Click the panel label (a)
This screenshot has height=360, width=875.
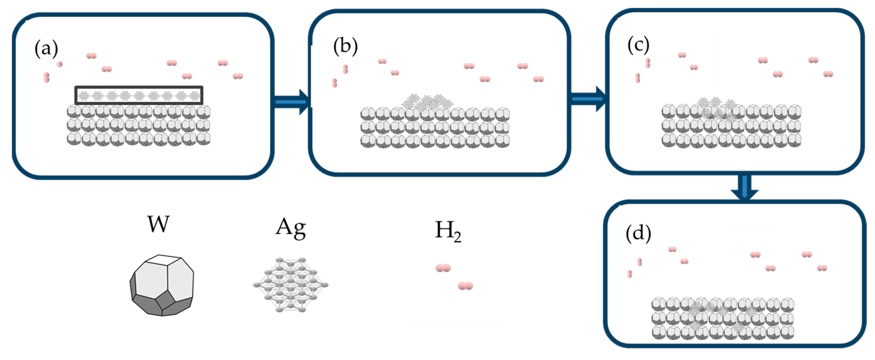coord(46,49)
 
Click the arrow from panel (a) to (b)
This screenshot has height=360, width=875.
coord(292,102)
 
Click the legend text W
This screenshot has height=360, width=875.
coord(158,224)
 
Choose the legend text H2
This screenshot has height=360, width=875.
coord(448,231)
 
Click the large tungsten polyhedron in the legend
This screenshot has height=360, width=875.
coord(162,285)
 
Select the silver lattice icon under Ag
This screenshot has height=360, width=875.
coord(290,285)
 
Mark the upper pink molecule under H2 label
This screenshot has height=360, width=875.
coord(443,268)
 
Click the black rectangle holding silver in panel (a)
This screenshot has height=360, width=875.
coord(138,95)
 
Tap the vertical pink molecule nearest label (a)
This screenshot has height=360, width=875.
coord(47,77)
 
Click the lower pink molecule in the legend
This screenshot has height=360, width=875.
coord(465,286)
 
